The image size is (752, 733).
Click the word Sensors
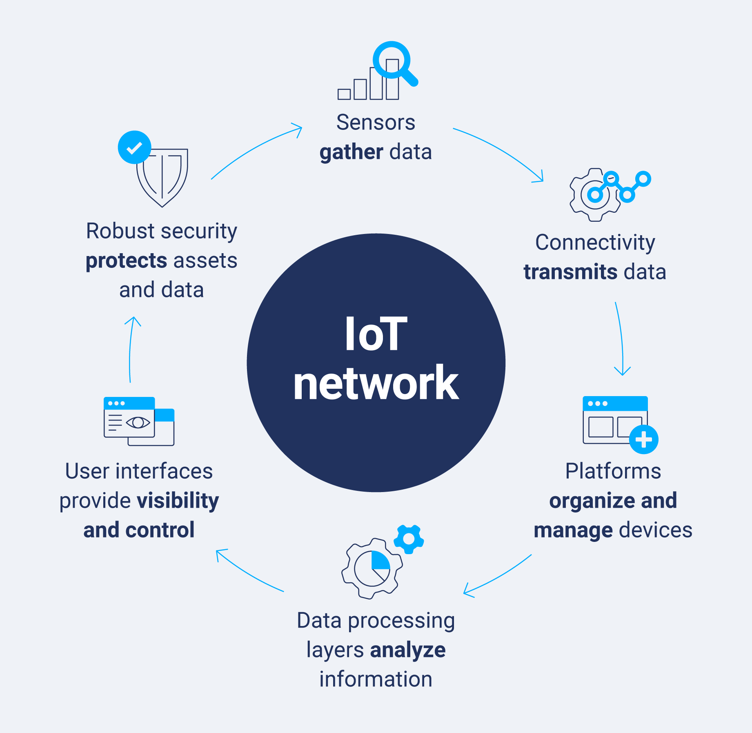(376, 123)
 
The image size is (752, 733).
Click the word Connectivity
(595, 243)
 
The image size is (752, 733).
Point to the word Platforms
(613, 471)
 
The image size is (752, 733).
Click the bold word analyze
(407, 650)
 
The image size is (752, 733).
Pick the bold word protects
(127, 261)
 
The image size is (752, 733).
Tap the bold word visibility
(178, 501)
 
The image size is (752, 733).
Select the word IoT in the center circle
(376, 334)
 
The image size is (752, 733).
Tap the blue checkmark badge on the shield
(134, 147)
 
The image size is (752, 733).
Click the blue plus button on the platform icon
(643, 439)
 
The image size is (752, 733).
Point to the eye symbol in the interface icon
(138, 422)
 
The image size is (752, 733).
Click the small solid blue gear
(409, 539)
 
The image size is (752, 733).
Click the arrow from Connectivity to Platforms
(621, 339)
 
